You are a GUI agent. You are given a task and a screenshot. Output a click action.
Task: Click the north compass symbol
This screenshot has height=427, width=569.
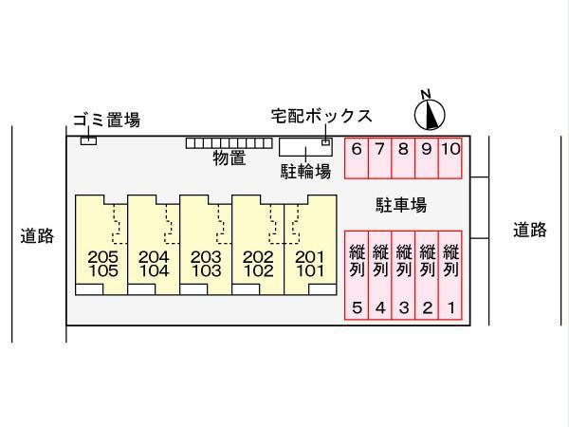point(430,113)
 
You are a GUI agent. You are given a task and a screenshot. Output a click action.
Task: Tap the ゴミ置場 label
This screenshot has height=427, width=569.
point(107,120)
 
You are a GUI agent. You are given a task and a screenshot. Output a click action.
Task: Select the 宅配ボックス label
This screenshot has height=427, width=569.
point(321,116)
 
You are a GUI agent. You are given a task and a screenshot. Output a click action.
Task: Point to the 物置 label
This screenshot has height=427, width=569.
point(229,158)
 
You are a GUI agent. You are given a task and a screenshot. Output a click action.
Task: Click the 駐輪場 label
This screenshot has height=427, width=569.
point(304,171)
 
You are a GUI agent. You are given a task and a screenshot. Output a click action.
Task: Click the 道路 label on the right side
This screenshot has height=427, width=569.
point(530,230)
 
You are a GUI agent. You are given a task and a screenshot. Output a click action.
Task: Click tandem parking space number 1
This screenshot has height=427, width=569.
point(450,275)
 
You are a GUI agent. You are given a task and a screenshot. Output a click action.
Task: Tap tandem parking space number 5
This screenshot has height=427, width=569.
point(356,275)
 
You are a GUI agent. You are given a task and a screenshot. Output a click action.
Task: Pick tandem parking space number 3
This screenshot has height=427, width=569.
point(403,275)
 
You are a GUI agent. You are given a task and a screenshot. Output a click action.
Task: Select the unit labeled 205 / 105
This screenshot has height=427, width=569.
point(101,247)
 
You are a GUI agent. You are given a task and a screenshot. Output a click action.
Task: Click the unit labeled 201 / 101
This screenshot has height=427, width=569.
point(310,247)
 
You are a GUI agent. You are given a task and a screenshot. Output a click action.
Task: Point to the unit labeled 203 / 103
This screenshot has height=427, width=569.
point(206,247)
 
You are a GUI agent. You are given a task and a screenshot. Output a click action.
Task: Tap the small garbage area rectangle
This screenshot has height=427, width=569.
point(88,141)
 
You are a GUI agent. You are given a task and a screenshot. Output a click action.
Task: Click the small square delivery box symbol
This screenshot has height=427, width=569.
point(326,142)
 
